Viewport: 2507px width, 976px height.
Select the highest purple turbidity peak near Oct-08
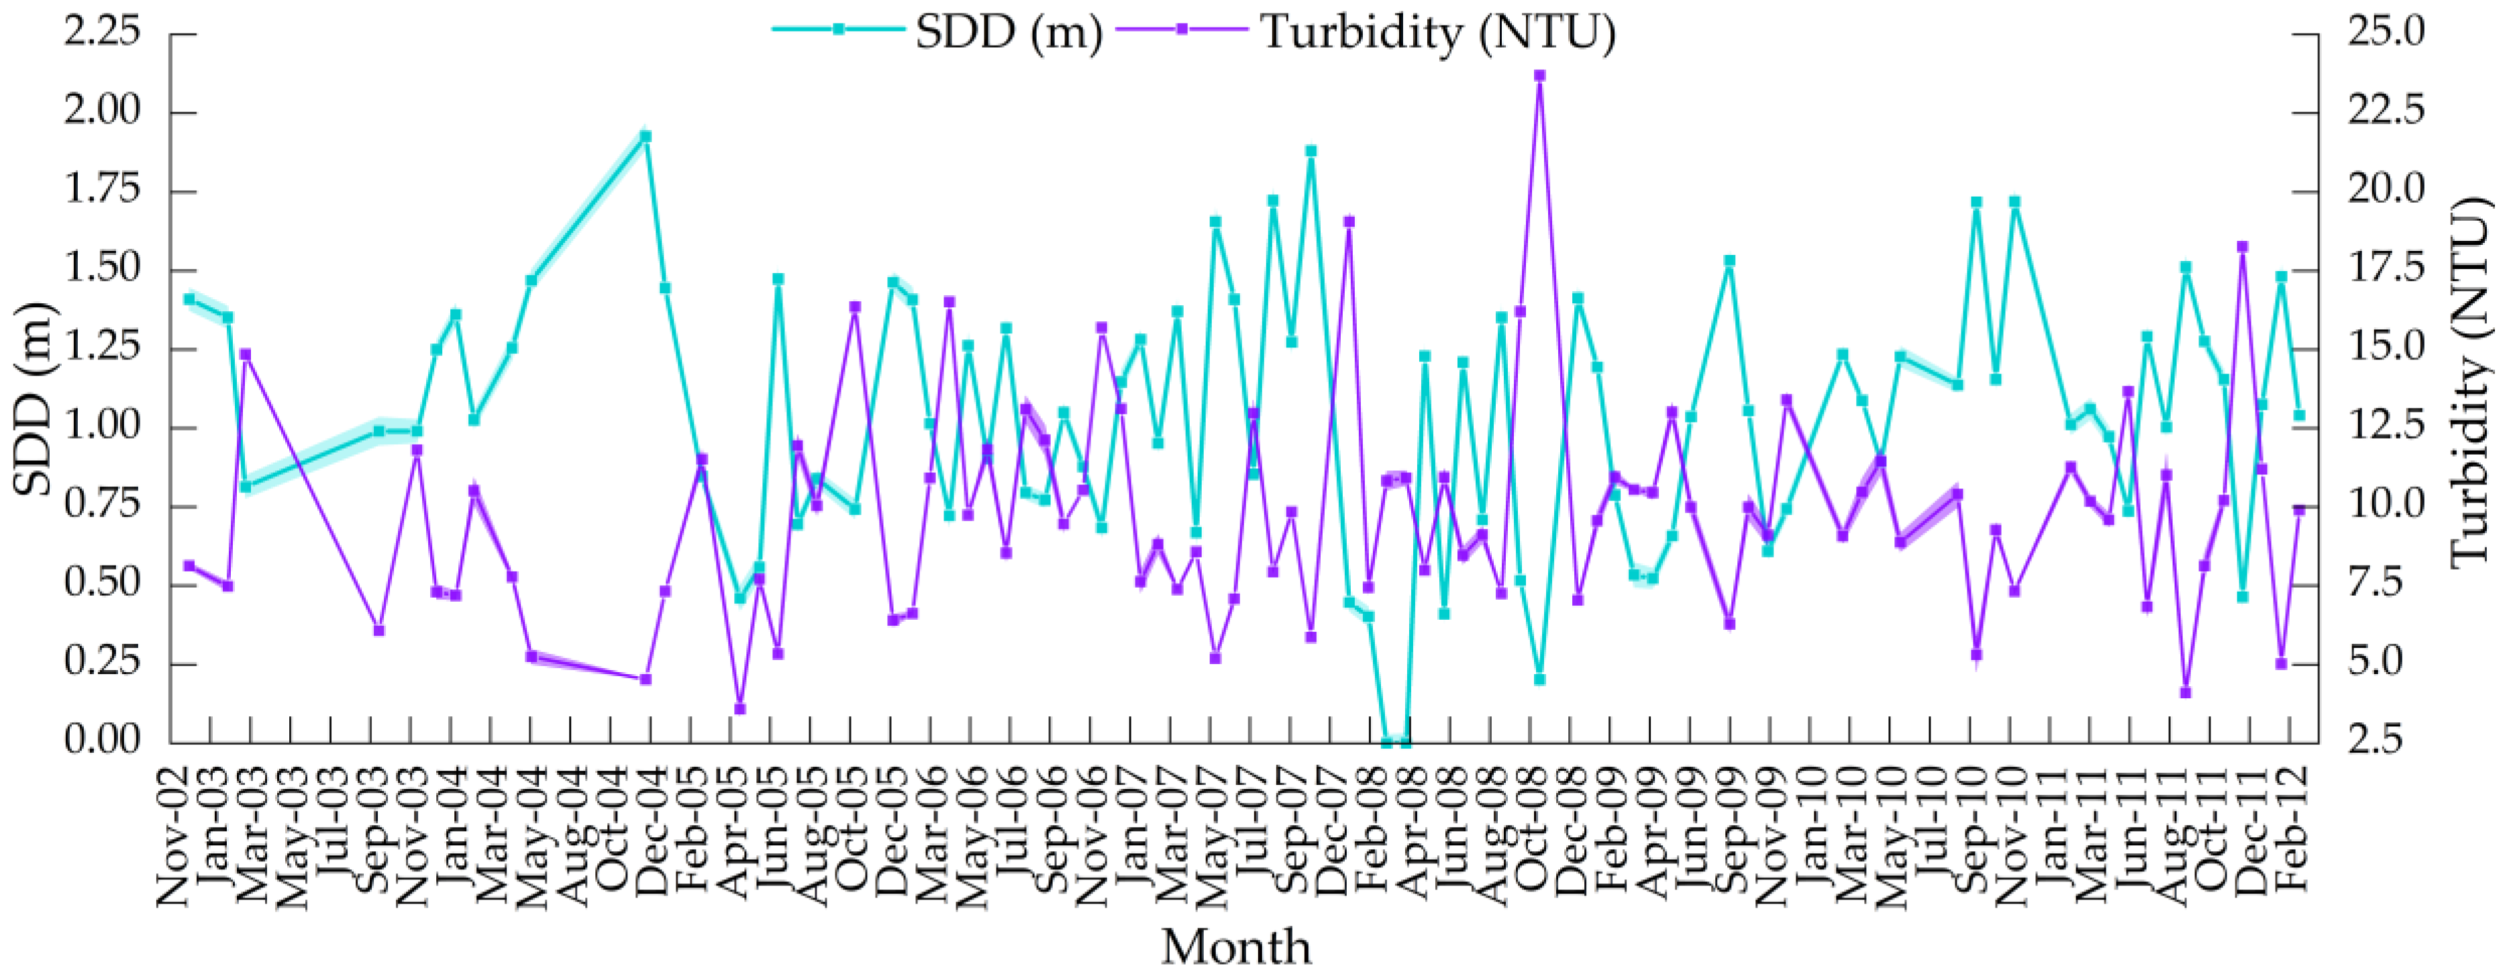(1539, 75)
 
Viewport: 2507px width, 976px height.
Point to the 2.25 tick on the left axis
(102, 32)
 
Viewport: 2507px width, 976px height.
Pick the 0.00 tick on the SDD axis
(102, 741)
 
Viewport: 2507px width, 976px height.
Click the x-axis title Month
(1236, 946)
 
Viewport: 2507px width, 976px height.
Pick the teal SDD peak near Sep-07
(1311, 151)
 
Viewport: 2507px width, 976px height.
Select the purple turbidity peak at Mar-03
(246, 354)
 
